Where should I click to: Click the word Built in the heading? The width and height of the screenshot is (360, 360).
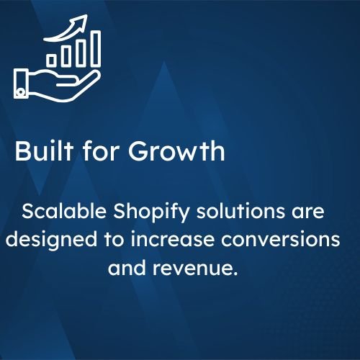(x=44, y=150)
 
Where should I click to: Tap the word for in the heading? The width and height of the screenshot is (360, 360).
(x=101, y=150)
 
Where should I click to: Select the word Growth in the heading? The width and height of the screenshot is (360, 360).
(x=176, y=151)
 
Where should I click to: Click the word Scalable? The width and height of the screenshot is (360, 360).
(x=64, y=211)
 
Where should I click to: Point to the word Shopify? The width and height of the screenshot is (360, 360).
(x=151, y=212)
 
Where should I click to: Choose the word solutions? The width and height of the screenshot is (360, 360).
(x=240, y=211)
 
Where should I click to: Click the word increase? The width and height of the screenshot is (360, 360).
(x=172, y=239)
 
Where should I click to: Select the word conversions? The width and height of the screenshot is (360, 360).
(x=281, y=239)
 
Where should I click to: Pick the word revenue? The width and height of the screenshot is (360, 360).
(x=192, y=268)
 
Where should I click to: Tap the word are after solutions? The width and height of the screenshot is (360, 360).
(x=308, y=212)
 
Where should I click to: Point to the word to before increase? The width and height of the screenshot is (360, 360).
(x=114, y=240)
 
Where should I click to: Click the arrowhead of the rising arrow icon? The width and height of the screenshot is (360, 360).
(x=82, y=19)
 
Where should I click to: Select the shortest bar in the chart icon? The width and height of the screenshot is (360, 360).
(x=51, y=60)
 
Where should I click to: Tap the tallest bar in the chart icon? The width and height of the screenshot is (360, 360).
(x=96, y=48)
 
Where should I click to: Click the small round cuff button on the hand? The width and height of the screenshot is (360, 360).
(x=21, y=92)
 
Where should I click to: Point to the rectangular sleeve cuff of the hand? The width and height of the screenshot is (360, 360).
(x=21, y=84)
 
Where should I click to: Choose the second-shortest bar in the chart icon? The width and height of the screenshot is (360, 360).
(x=66, y=56)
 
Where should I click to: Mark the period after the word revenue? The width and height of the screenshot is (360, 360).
(x=235, y=274)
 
